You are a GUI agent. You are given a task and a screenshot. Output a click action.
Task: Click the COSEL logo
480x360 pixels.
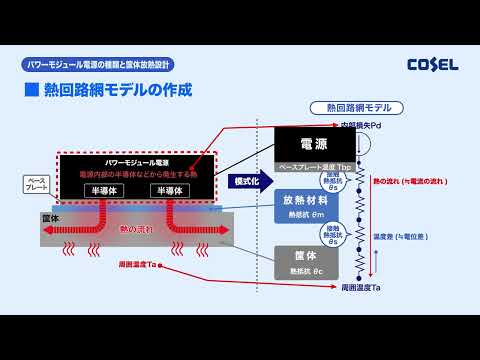tap(432, 65)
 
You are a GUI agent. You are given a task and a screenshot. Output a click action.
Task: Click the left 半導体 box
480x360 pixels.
tap(103, 190)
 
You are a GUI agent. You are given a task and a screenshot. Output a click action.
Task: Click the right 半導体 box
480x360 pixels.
tap(171, 190)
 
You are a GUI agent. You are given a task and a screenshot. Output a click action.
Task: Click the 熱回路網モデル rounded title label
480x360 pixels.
tap(358, 108)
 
